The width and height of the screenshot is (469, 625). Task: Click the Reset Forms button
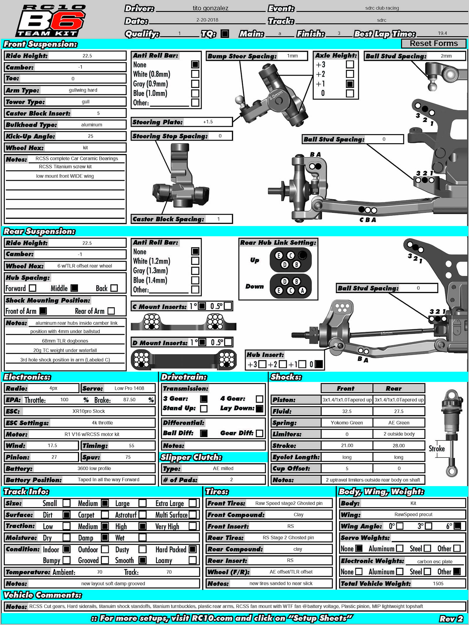[x=434, y=44]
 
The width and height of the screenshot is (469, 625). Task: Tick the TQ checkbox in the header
[x=225, y=34]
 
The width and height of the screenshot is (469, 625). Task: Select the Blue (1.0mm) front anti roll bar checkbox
[x=195, y=93]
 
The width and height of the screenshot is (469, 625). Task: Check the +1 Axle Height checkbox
[x=350, y=84]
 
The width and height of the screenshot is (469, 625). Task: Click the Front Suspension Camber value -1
[x=80, y=67]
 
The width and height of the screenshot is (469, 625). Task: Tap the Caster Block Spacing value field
[x=218, y=219]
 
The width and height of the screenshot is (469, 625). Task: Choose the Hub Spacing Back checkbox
[x=114, y=288]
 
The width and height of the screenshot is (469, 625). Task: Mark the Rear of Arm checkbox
[x=111, y=311]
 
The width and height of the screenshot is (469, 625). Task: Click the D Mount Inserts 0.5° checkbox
[x=228, y=342]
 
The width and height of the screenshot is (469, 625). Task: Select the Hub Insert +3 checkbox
[x=262, y=364]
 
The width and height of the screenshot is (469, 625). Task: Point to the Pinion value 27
[x=54, y=457]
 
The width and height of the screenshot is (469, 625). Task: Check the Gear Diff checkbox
[x=259, y=433]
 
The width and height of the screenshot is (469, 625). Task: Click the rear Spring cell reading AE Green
[x=399, y=423]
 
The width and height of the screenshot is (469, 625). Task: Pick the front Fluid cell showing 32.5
[x=347, y=411]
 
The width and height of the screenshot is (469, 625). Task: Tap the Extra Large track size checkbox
[x=193, y=503]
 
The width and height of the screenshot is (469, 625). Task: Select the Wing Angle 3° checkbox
[x=428, y=526]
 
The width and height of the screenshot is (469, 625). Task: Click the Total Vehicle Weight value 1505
[x=438, y=583]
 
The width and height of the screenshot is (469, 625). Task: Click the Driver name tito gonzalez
[x=210, y=8]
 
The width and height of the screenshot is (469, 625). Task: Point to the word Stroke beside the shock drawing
[x=436, y=449]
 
